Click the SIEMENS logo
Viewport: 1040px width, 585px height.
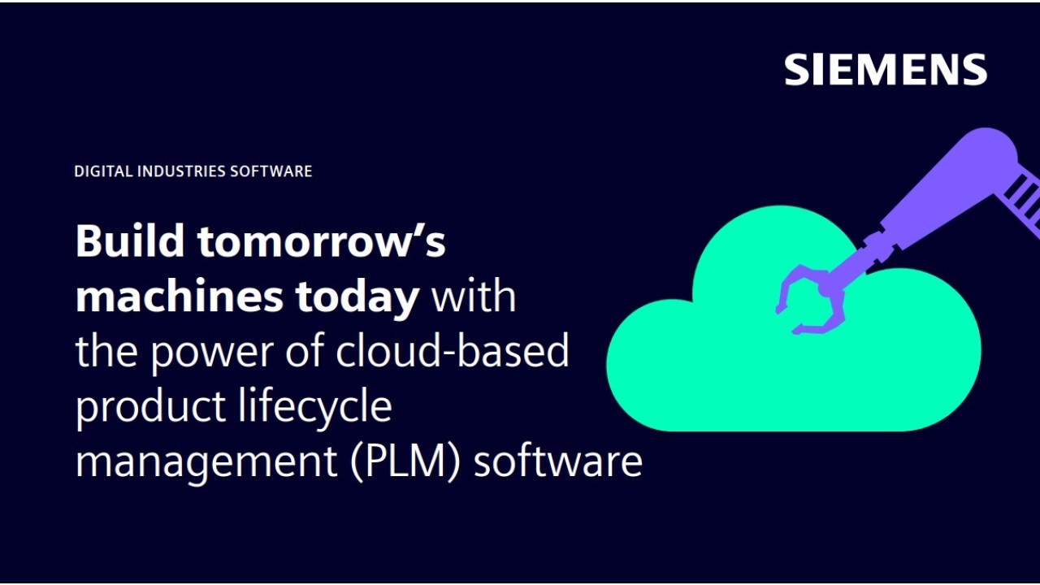pyautogui.click(x=886, y=70)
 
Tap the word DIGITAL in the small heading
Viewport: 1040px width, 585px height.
pyautogui.click(x=103, y=171)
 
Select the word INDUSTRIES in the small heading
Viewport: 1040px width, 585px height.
pyautogui.click(x=181, y=171)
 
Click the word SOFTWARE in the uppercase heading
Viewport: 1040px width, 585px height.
pyautogui.click(x=271, y=171)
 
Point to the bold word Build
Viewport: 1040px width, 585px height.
pyautogui.click(x=130, y=240)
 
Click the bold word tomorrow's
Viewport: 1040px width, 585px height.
pyautogui.click(x=321, y=241)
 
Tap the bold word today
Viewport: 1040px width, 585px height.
pyautogui.click(x=357, y=297)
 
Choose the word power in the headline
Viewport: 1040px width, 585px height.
pyautogui.click(x=212, y=353)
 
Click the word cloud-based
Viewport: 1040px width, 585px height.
pyautogui.click(x=453, y=349)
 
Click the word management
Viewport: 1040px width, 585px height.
pyautogui.click(x=206, y=462)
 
